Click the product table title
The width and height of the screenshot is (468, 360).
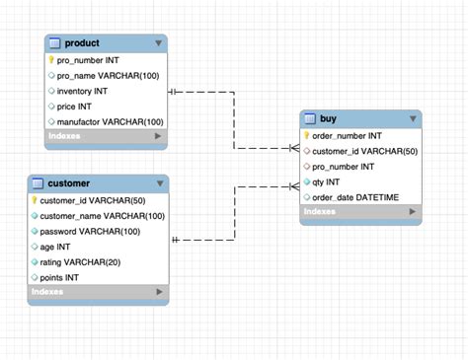[x=82, y=43]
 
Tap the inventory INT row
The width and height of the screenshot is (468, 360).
[x=88, y=91]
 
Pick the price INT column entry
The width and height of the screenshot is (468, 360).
[x=80, y=106]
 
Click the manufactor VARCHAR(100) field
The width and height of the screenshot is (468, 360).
[x=110, y=121]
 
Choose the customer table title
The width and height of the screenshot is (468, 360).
[x=69, y=183]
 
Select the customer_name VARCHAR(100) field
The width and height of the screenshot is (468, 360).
[x=103, y=216]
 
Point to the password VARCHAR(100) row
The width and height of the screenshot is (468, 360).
[x=95, y=231]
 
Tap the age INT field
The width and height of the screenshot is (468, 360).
[x=56, y=247]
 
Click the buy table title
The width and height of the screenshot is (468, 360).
[x=329, y=119]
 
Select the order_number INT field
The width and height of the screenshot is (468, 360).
[x=347, y=136]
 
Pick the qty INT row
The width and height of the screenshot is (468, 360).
[x=328, y=181]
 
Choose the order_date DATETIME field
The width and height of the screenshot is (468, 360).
[x=355, y=197]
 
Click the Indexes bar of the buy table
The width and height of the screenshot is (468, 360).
[x=360, y=212]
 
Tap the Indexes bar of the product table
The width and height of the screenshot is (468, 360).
[x=106, y=136]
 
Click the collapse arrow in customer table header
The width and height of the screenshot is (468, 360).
[x=159, y=184]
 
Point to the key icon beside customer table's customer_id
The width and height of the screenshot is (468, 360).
[x=36, y=200]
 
